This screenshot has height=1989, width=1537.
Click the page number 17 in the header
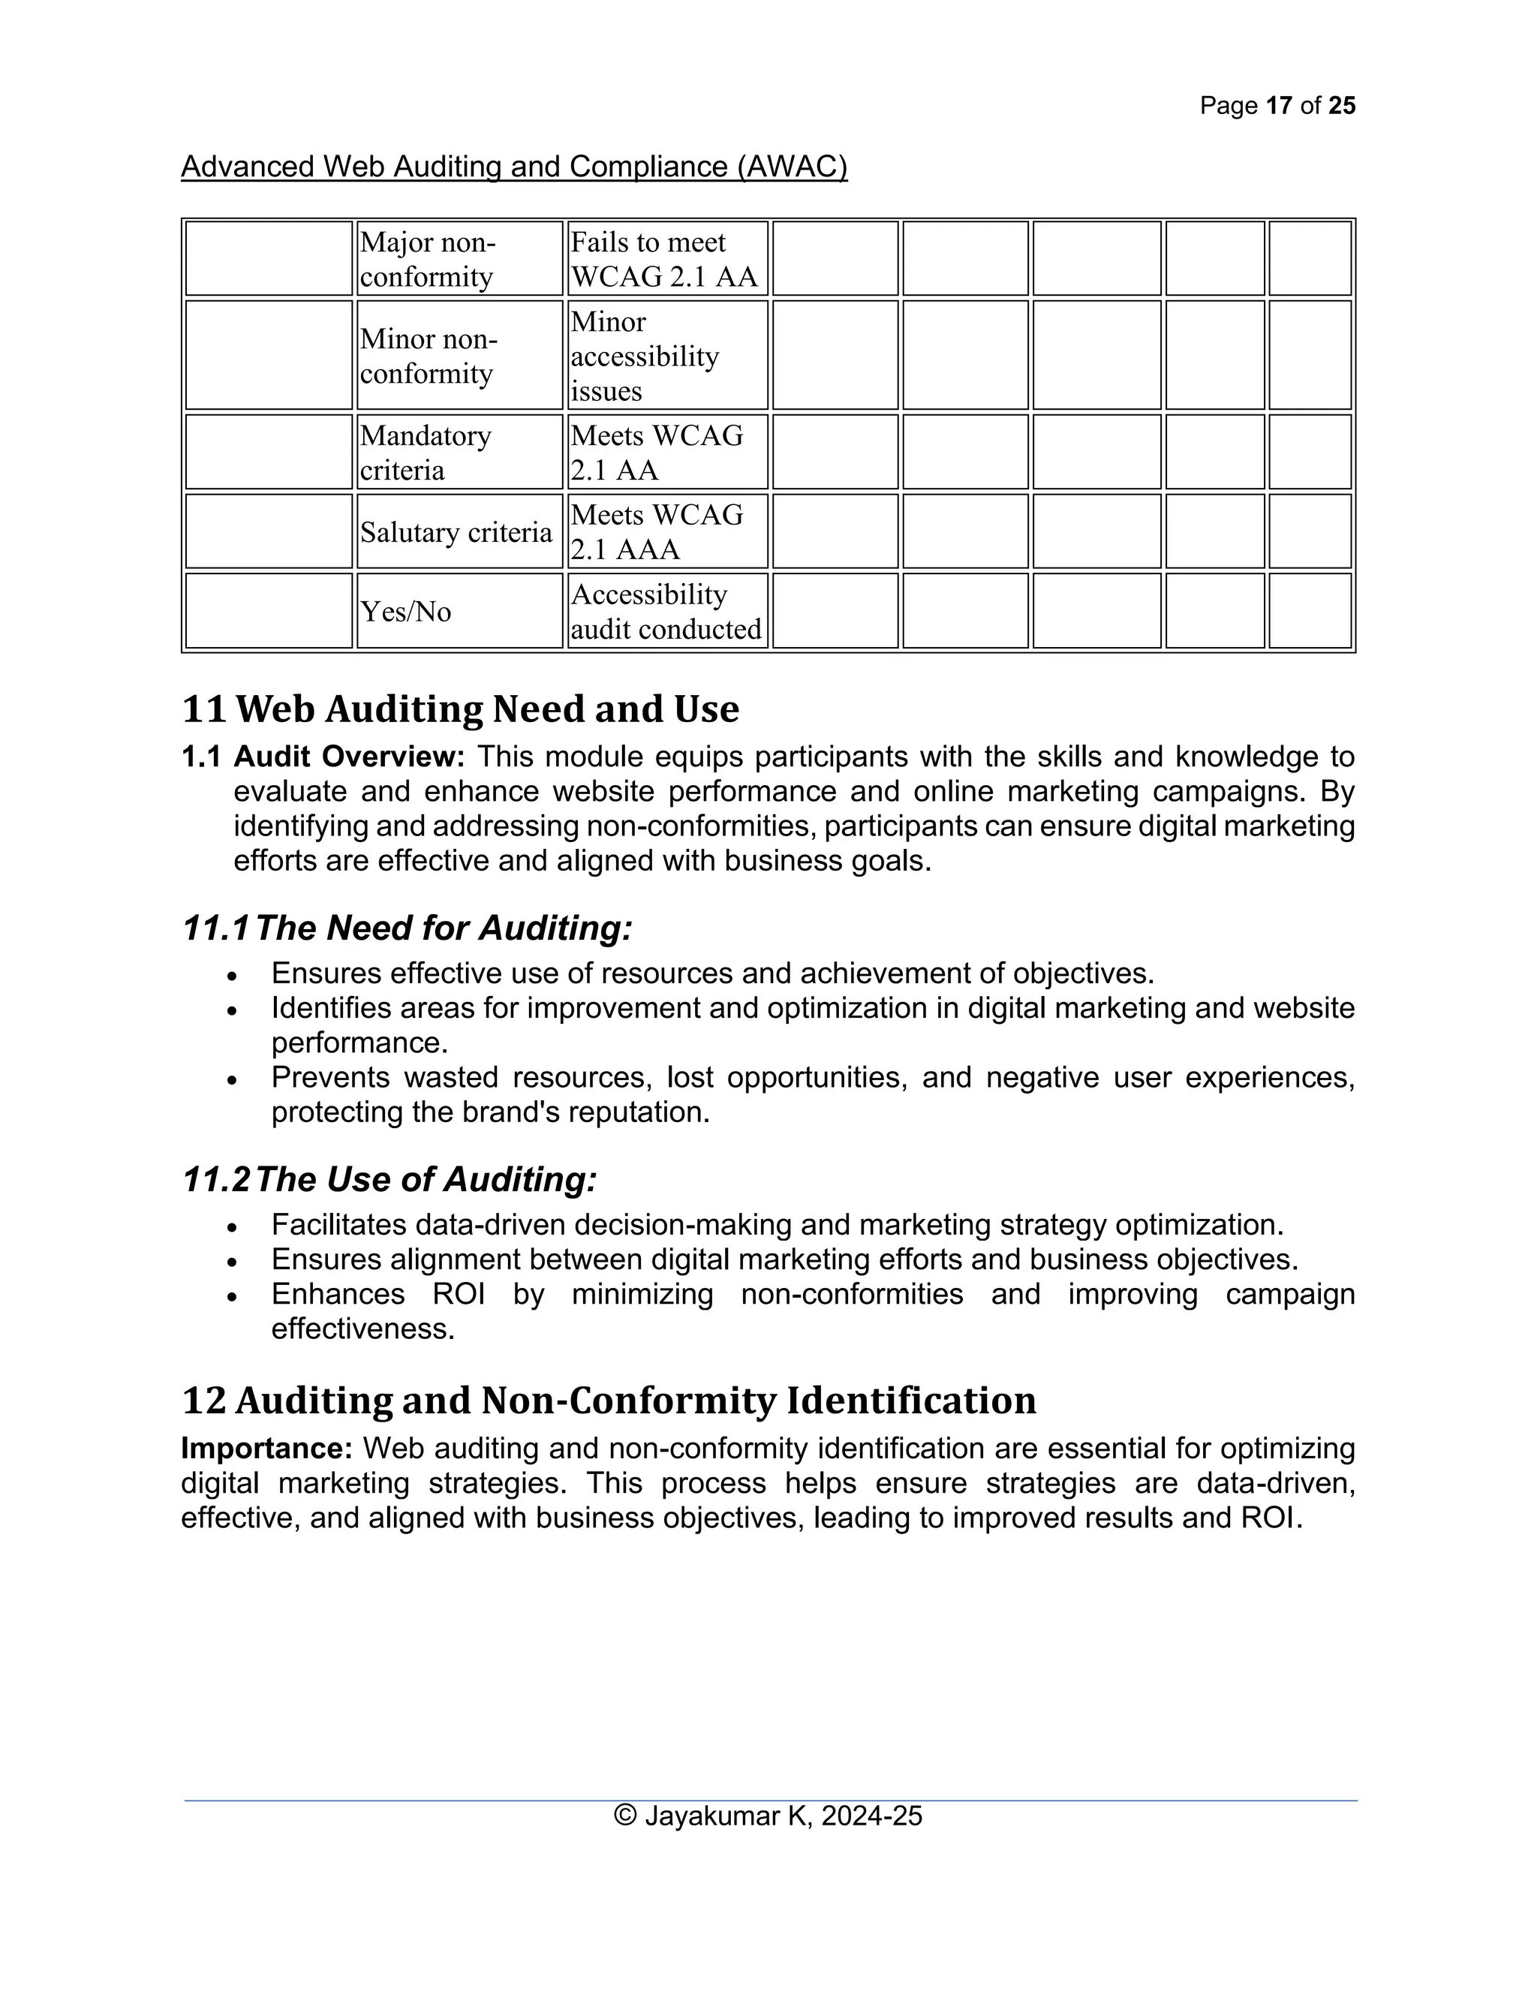point(1278,106)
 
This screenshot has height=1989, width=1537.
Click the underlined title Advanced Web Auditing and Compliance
point(513,167)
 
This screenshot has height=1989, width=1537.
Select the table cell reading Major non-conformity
point(459,259)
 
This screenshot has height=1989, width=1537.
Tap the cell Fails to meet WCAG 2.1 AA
point(667,259)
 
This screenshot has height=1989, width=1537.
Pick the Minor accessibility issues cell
point(667,355)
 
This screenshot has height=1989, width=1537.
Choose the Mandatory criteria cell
point(459,452)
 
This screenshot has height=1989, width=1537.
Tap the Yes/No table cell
point(459,610)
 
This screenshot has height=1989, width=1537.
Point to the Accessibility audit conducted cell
point(667,610)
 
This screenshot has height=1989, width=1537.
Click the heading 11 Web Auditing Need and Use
point(461,709)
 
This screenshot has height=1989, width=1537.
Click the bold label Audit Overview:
point(350,756)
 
